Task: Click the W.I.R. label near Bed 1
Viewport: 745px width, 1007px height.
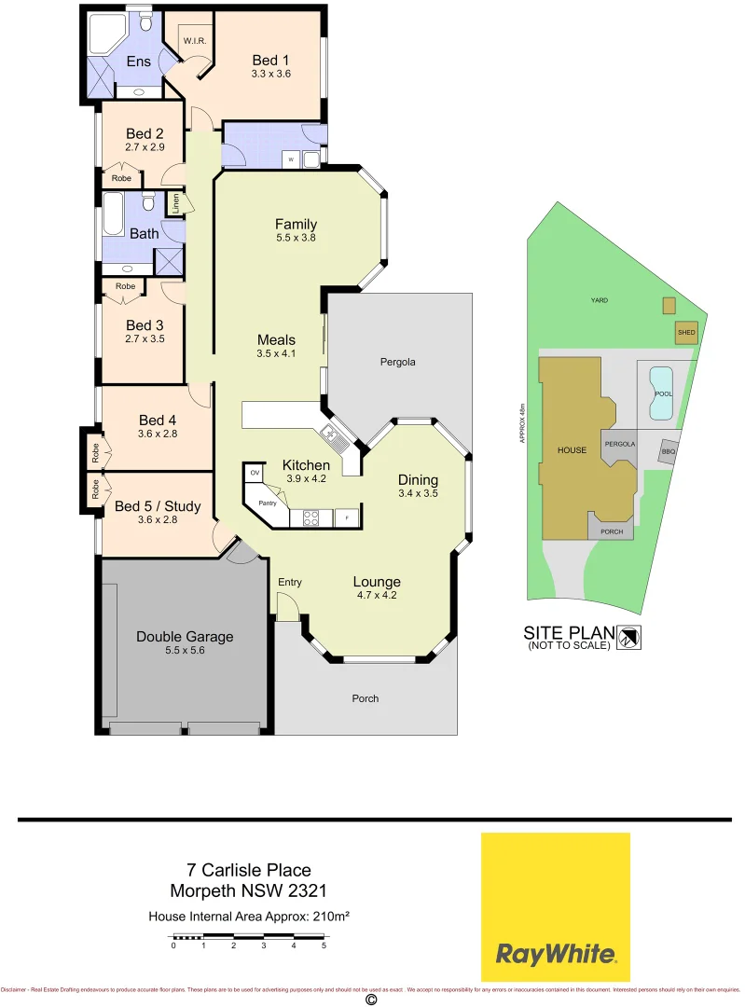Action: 194,41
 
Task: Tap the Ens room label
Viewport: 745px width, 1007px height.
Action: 139,62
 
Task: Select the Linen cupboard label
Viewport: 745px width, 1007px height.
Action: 174,202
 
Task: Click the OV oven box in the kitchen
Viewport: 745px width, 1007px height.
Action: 254,474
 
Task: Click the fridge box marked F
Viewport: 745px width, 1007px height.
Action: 348,516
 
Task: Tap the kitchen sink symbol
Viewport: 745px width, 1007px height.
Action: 330,434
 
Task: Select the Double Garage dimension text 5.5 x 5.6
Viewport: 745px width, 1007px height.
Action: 184,652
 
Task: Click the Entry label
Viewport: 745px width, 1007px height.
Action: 289,583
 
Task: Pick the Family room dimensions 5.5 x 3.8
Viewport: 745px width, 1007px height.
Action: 296,239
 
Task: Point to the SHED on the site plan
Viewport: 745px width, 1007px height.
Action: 685,332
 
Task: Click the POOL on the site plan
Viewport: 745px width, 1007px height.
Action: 663,393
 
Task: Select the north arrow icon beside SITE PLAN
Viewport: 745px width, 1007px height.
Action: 631,637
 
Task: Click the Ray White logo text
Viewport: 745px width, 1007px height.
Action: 555,954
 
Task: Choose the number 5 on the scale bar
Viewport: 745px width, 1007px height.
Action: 324,945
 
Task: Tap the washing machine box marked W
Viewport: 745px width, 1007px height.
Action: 291,159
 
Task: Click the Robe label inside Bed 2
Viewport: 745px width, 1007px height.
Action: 121,177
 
